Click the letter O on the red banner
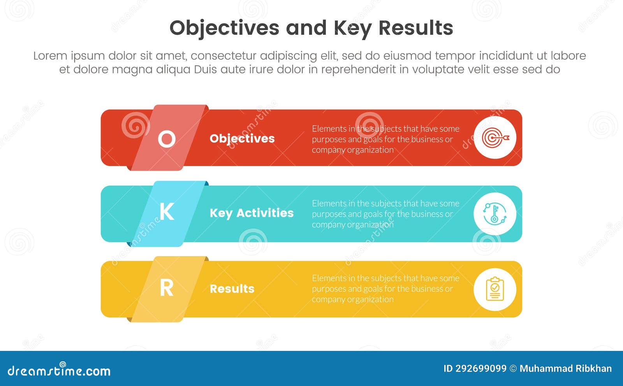pyautogui.click(x=167, y=139)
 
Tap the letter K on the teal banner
pyautogui.click(x=167, y=212)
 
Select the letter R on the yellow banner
pyautogui.click(x=167, y=289)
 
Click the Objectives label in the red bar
pyautogui.click(x=242, y=138)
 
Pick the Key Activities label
pyautogui.click(x=252, y=213)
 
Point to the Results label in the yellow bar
pyautogui.click(x=232, y=289)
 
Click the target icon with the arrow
pyautogui.click(x=495, y=138)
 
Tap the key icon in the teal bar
pyautogui.click(x=495, y=214)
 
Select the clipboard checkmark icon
pyautogui.click(x=495, y=289)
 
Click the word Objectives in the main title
pyautogui.click(x=224, y=28)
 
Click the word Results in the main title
pyautogui.click(x=415, y=28)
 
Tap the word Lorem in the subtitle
pyautogui.click(x=50, y=56)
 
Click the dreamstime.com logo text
pyautogui.click(x=59, y=370)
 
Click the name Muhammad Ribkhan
pyautogui.click(x=565, y=368)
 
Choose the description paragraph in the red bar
pyautogui.click(x=385, y=139)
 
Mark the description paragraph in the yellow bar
pyautogui.click(x=385, y=289)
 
